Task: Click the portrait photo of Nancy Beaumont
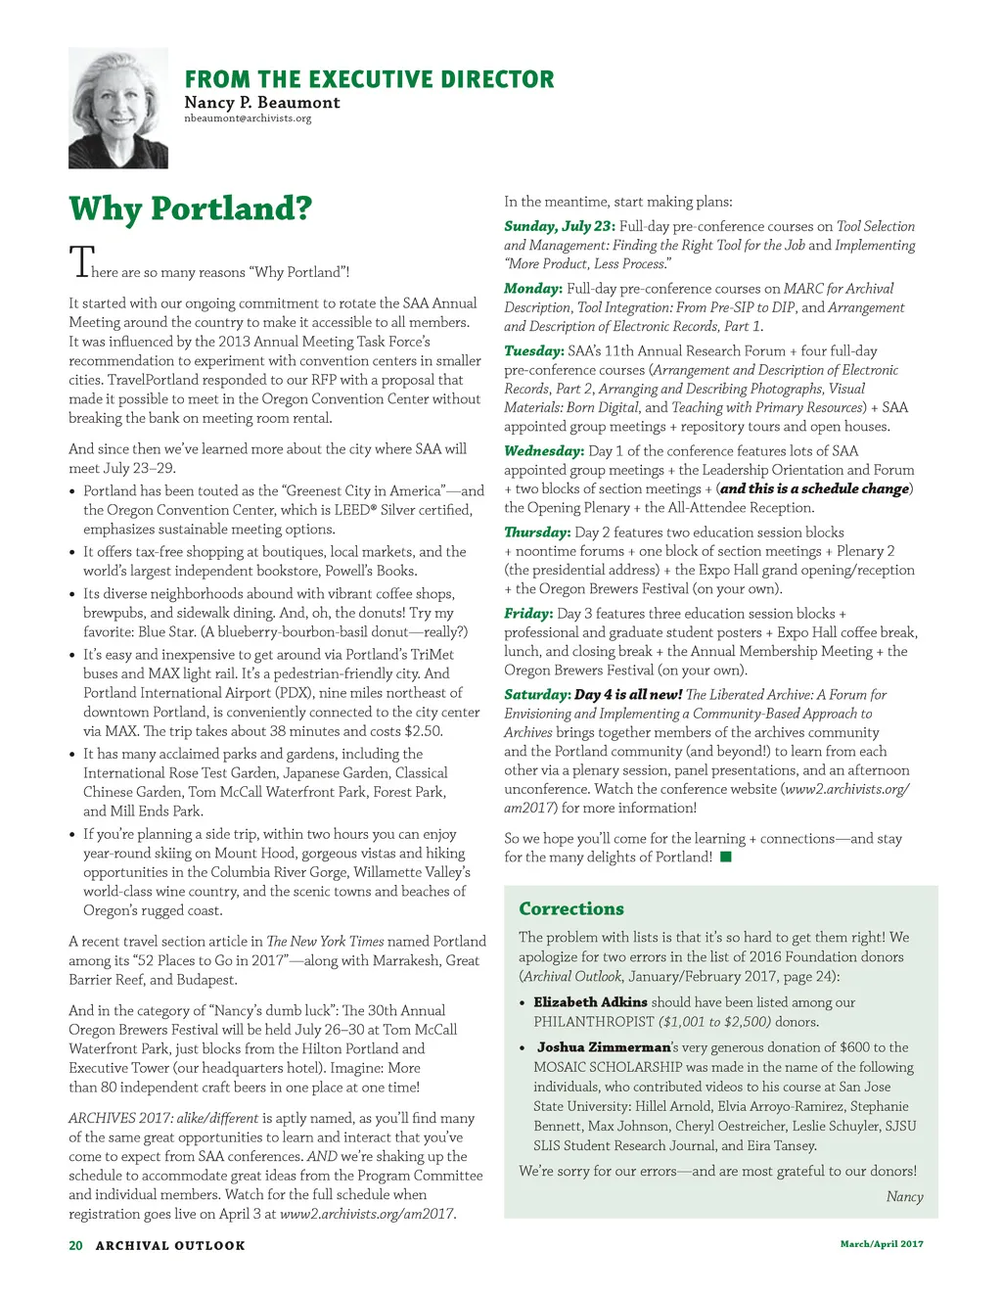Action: (x=118, y=108)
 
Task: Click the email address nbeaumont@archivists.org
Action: (x=248, y=118)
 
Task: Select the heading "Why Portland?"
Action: (x=191, y=208)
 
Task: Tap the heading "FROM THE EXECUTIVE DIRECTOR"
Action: (x=369, y=79)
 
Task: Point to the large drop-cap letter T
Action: (x=79, y=262)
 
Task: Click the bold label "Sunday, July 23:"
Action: (x=559, y=226)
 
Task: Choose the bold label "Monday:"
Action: (x=533, y=289)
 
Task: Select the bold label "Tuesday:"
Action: (x=533, y=350)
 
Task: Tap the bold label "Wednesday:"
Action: (x=544, y=451)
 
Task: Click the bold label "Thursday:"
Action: (x=537, y=533)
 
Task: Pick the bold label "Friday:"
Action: (x=528, y=614)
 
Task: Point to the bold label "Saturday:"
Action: (x=537, y=695)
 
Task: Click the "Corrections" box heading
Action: (x=571, y=908)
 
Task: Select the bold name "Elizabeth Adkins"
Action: (x=590, y=1002)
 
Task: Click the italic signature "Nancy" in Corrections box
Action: (x=904, y=1196)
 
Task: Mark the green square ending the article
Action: (x=726, y=857)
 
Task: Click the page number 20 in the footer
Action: (x=75, y=1245)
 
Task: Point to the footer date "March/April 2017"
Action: (x=882, y=1244)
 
